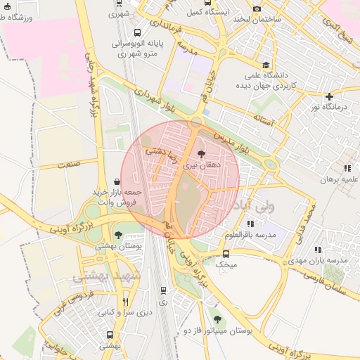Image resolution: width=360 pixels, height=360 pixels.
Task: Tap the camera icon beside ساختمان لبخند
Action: pyautogui.click(x=257, y=8)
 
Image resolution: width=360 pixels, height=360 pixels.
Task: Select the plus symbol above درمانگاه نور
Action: pyautogui.click(x=329, y=96)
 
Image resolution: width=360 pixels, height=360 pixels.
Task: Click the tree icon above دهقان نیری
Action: pyautogui.click(x=202, y=154)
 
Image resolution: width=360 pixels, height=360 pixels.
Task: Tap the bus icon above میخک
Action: pyautogui.click(x=226, y=254)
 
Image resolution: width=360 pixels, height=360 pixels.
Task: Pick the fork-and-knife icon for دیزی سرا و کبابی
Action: pyautogui.click(x=125, y=302)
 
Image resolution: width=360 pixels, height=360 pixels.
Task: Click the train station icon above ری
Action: pyautogui.click(x=163, y=290)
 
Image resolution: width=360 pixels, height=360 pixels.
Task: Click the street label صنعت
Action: pyautogui.click(x=67, y=164)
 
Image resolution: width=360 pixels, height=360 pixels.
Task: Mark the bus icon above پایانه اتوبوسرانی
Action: pyautogui.click(x=136, y=32)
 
